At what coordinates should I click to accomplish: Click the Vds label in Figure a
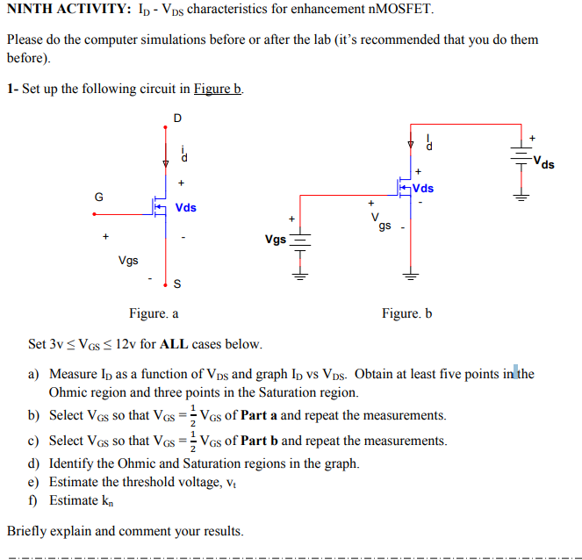point(185,208)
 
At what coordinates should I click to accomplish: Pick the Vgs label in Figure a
point(127,260)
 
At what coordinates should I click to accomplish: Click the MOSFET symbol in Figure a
point(158,207)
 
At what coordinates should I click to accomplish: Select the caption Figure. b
point(406,313)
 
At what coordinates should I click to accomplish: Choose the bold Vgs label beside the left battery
point(275,239)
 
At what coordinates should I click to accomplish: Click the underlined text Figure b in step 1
point(218,89)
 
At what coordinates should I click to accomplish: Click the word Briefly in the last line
point(29,531)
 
